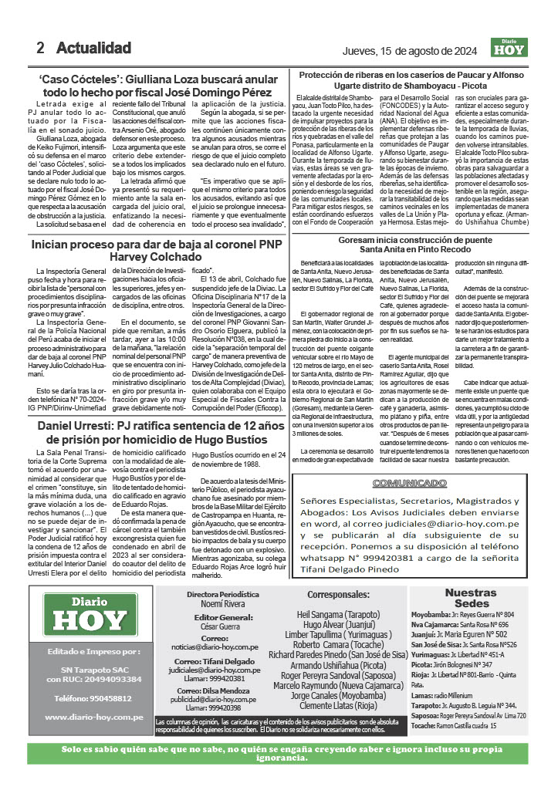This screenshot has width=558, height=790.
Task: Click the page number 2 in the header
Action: coord(40,48)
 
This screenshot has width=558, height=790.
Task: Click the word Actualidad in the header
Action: coord(93,48)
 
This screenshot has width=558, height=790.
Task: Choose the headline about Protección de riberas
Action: coord(421,80)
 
